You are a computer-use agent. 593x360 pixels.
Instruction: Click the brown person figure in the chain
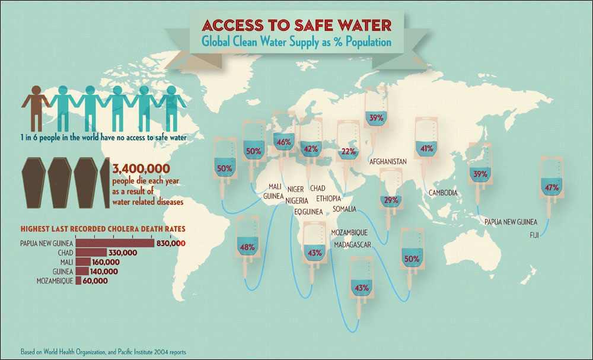click(x=35, y=107)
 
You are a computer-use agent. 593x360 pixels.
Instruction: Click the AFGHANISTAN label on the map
click(x=387, y=161)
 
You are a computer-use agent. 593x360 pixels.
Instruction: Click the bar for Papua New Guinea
click(x=114, y=243)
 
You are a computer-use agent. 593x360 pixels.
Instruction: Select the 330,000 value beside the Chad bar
click(x=123, y=253)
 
